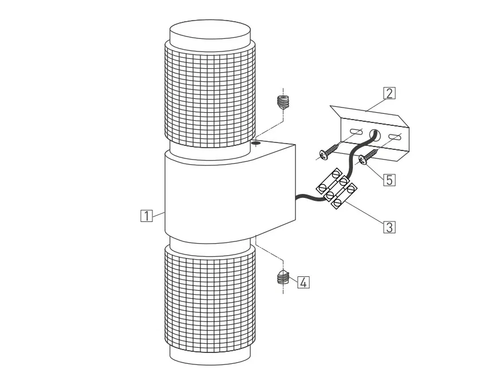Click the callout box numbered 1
pyautogui.click(x=147, y=216)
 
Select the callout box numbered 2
pyautogui.click(x=389, y=93)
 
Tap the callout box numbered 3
pyautogui.click(x=389, y=227)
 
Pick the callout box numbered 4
pyautogui.click(x=303, y=283)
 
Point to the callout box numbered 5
pyautogui.click(x=389, y=180)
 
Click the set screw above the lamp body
pyautogui.click(x=283, y=102)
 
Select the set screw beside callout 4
pyautogui.click(x=283, y=277)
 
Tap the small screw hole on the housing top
pyautogui.click(x=257, y=143)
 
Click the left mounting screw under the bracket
pyautogui.click(x=330, y=150)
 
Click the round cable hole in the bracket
pyautogui.click(x=375, y=135)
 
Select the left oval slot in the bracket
pyautogui.click(x=356, y=132)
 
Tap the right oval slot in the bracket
pyautogui.click(x=395, y=137)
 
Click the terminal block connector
pyautogui.click(x=337, y=188)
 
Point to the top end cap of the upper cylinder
pyautogui.click(x=210, y=31)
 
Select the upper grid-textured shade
pyautogui.click(x=210, y=94)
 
